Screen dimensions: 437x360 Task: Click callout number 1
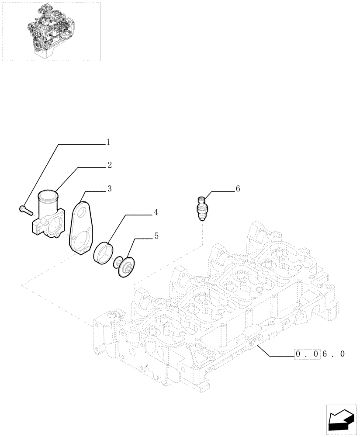coord(107,142)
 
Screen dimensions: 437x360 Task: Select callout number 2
coord(109,165)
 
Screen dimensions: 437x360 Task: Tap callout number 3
coord(109,189)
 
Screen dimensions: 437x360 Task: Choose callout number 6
coord(238,189)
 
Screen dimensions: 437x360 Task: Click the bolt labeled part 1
coord(26,211)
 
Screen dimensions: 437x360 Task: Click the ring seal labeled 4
coord(104,253)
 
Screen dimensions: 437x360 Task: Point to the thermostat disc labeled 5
coord(126,267)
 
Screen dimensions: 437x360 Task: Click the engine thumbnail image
coord(51,31)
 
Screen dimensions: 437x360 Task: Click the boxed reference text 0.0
coord(308,354)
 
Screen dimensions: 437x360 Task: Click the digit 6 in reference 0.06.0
coord(325,354)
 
